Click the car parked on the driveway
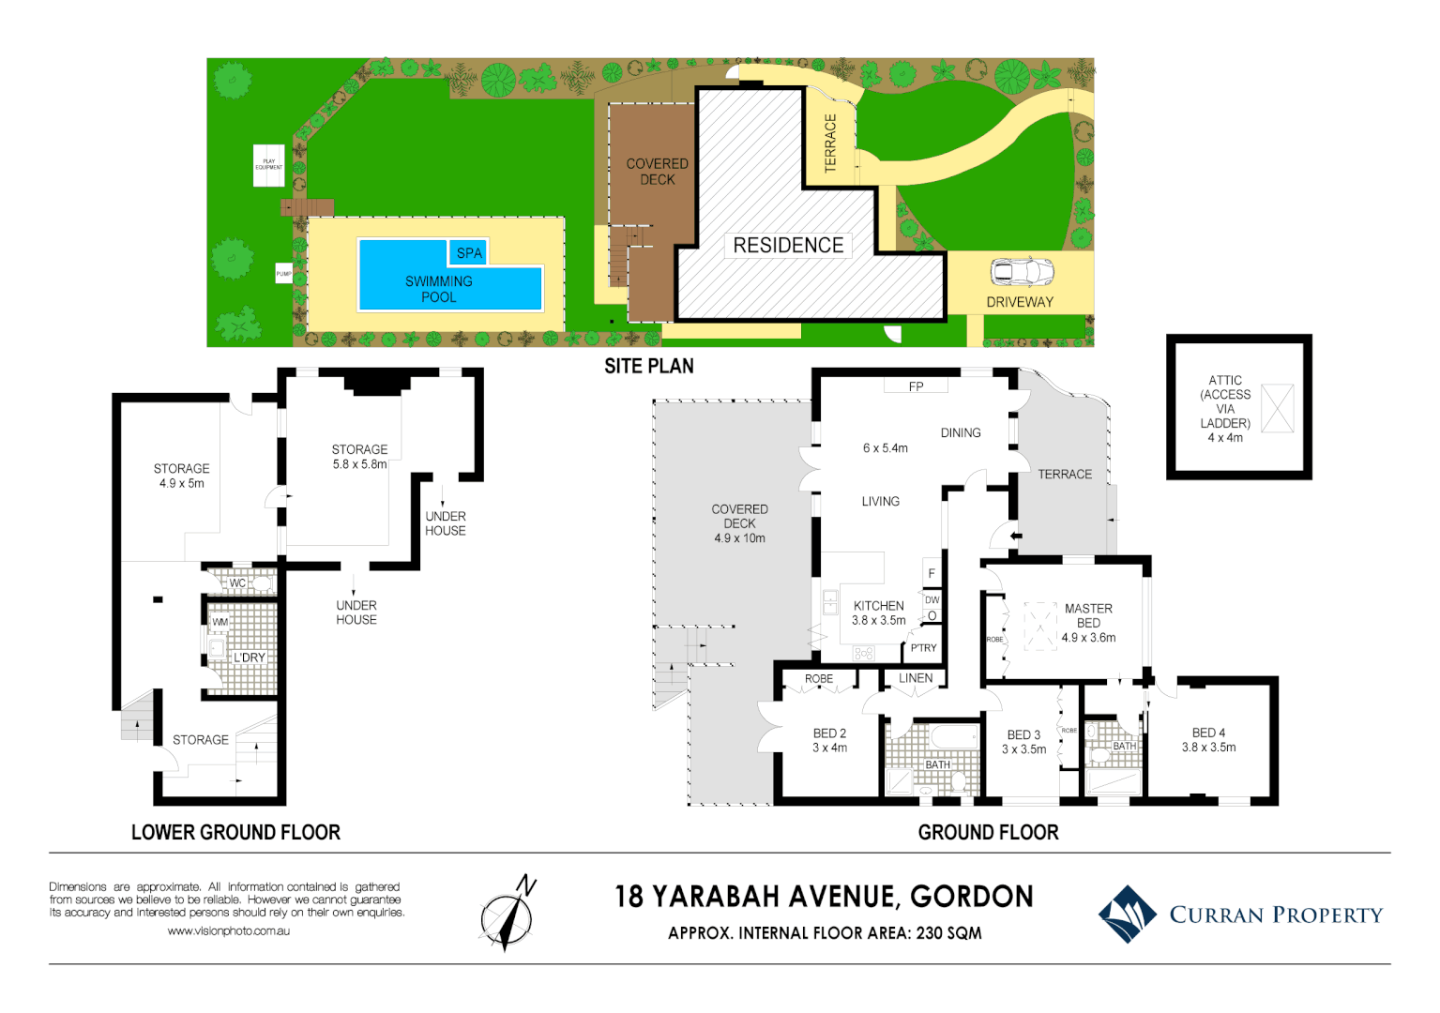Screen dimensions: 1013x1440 point(1023,272)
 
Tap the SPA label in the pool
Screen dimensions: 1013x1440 point(469,253)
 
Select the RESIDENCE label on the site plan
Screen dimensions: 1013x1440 point(788,246)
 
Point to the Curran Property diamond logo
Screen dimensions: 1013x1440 point(1128,914)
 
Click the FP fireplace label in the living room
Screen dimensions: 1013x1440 point(916,386)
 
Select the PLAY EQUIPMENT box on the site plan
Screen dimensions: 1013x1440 point(268,165)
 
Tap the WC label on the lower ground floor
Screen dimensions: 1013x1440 point(237,583)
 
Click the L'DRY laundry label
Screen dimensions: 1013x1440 point(250,658)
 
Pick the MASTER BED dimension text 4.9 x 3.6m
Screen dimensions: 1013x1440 point(1088,638)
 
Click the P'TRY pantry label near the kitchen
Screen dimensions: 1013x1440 point(923,648)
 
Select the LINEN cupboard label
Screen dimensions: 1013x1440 point(916,678)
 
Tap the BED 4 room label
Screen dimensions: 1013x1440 point(1208,733)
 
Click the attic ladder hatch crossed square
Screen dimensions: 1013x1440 point(1278,408)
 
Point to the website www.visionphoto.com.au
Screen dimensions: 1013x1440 point(228,931)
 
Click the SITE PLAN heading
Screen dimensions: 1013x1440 point(648,367)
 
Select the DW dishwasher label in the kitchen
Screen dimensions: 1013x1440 point(932,600)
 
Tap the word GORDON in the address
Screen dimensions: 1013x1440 point(972,897)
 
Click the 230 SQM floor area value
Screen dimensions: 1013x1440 point(948,933)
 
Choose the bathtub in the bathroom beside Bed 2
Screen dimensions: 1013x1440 point(954,737)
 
